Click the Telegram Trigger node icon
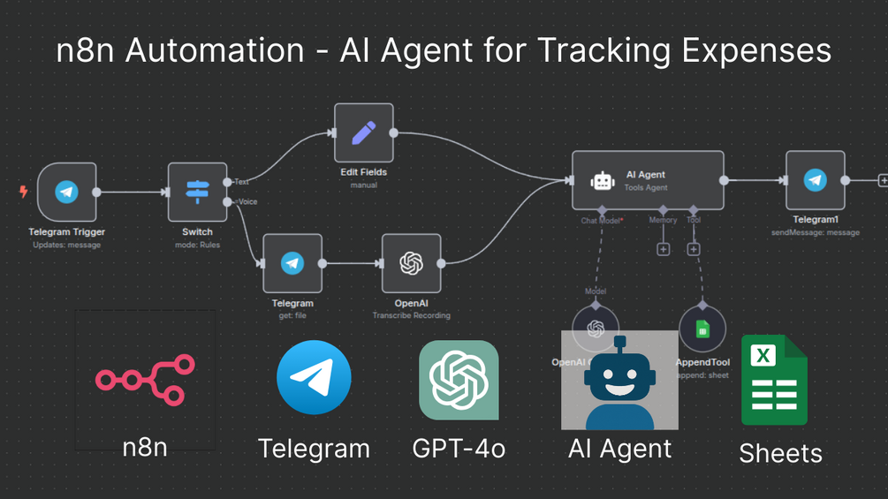point(66,192)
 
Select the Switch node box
point(197,192)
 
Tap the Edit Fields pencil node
point(363,132)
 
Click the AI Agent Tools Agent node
point(647,180)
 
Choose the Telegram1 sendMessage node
point(815,180)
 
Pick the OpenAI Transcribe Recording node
point(411,263)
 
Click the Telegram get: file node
point(292,263)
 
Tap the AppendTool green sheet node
point(702,329)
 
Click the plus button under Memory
point(663,249)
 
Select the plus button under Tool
point(694,249)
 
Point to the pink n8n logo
point(145,380)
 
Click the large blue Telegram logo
point(314,378)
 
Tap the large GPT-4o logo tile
point(459,380)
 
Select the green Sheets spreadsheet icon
point(773,381)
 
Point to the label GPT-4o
point(459,448)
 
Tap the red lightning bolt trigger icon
point(24,192)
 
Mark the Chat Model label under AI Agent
point(601,220)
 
